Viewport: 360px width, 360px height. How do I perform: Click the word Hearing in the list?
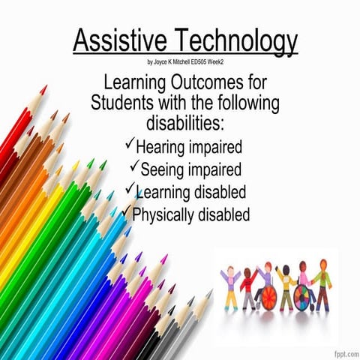coord(163,147)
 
